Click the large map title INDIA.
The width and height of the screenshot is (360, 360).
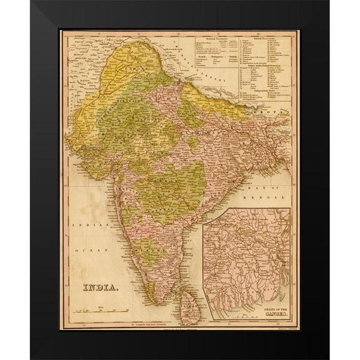pos(100,287)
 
